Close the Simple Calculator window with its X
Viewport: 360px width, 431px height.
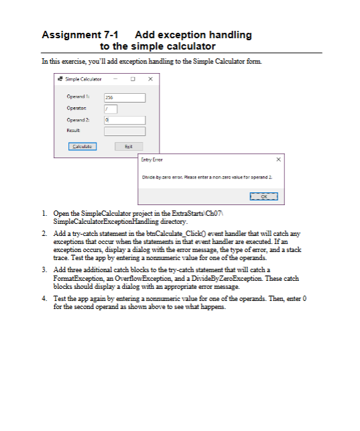pos(150,80)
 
